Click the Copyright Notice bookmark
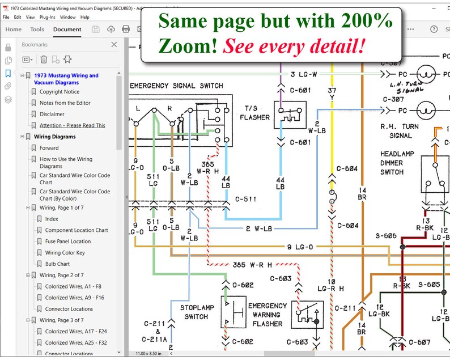pos(59,92)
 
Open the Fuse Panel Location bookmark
pos(67,242)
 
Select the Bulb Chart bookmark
pos(57,264)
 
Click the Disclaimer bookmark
pos(52,114)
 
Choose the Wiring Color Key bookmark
pos(65,253)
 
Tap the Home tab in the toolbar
pos(13,29)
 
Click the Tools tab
pos(37,29)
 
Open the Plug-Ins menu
pos(47,18)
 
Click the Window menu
pos(67,18)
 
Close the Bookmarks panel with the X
pos(114,44)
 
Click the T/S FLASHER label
pos(254,113)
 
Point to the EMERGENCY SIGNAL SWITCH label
pos(177,86)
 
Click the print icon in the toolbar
pos(126,29)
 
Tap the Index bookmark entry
pos(52,219)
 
